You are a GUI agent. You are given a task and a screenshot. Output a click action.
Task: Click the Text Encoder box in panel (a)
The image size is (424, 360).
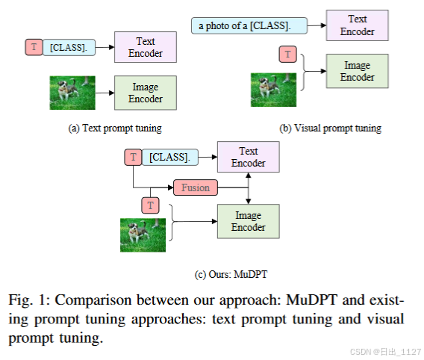145,47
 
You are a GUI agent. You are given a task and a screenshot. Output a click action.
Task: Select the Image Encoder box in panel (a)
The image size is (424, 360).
145,93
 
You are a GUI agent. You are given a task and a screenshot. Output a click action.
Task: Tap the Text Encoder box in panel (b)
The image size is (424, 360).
358,25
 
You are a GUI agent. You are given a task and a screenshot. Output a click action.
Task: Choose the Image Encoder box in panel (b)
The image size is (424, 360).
358,71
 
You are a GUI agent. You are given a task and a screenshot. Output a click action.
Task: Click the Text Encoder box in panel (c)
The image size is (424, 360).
248,157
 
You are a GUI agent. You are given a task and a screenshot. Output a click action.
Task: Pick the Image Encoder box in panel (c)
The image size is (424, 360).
248,221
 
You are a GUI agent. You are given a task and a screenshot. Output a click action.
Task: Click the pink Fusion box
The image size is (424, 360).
195,187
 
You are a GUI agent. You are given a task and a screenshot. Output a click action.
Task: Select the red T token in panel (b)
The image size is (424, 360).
287,53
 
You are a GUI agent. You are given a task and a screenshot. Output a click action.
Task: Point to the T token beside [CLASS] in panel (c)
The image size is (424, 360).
133,157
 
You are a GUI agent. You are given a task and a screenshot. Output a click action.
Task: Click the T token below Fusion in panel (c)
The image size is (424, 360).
151,205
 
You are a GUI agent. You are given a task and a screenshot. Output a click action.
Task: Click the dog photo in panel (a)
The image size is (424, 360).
72,93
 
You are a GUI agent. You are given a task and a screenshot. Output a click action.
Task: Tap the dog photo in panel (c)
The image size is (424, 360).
143,233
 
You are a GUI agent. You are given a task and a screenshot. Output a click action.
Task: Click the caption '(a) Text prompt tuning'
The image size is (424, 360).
114,128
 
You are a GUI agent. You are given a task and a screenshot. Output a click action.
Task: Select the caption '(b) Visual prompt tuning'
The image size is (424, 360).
330,128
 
